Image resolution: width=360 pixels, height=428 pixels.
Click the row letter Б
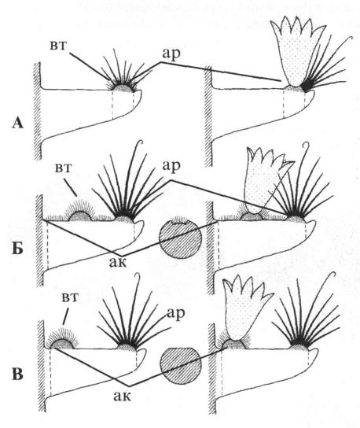click(17, 248)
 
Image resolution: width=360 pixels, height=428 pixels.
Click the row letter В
click(17, 374)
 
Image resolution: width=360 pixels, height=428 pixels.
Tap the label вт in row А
click(58, 46)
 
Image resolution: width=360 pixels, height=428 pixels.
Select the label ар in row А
click(171, 53)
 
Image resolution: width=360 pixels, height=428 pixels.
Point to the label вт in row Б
click(64, 168)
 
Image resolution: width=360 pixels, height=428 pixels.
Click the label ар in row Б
click(171, 166)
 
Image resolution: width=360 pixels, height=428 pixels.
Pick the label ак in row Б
click(118, 262)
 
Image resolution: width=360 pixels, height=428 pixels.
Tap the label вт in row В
click(70, 297)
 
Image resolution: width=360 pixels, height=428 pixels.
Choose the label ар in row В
click(175, 313)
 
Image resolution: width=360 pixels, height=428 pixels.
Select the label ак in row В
click(122, 396)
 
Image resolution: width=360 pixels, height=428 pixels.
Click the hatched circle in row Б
click(180, 238)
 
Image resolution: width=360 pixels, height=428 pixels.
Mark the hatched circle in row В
click(181, 366)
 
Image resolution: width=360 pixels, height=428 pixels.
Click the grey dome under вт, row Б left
click(80, 216)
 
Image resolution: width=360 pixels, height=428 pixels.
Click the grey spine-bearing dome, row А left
click(123, 88)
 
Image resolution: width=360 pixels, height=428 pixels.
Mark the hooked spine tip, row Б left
click(141, 142)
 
